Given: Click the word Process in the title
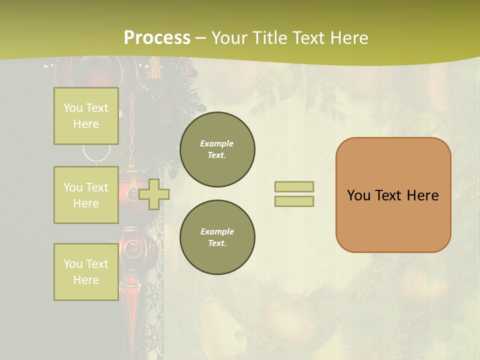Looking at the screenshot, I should click(157, 38).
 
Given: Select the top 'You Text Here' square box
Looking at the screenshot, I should click(86, 116).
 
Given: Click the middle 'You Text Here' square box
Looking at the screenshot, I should click(86, 195).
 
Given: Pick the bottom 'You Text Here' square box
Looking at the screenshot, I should click(86, 272).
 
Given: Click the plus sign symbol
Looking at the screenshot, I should click(154, 194).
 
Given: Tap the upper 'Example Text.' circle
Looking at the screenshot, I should click(217, 149).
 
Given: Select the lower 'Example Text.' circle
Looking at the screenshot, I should click(217, 237).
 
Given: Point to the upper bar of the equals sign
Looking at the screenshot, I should click(294, 186).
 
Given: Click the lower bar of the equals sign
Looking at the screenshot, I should click(294, 201).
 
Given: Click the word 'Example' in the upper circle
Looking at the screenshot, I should click(216, 144).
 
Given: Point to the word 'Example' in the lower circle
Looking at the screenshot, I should click(217, 232).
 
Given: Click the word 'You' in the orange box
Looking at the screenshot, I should click(358, 195).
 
